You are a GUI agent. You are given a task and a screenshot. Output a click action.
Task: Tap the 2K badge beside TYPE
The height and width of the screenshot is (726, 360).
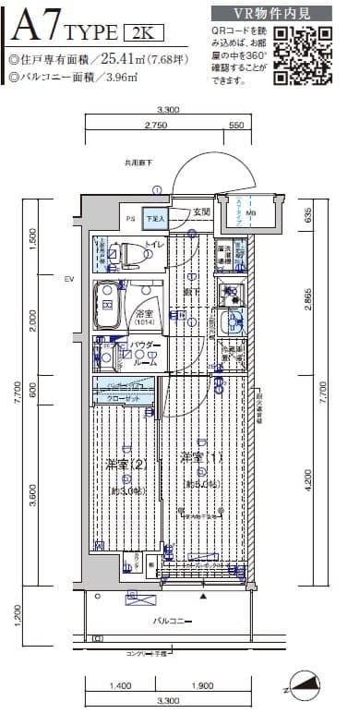(143, 34)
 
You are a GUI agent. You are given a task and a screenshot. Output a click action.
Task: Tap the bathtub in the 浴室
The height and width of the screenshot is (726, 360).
(109, 305)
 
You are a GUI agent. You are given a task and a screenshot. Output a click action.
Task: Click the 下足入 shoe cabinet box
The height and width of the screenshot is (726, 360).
(157, 219)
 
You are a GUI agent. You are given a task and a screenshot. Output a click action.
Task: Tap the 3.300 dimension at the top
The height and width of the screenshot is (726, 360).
(168, 109)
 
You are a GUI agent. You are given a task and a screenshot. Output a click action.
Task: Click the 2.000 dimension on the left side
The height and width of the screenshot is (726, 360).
(32, 319)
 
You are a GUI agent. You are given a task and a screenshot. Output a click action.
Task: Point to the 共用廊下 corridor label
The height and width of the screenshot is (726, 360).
(138, 163)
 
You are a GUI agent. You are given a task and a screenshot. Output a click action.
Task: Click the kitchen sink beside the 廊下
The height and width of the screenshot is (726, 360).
(233, 322)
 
